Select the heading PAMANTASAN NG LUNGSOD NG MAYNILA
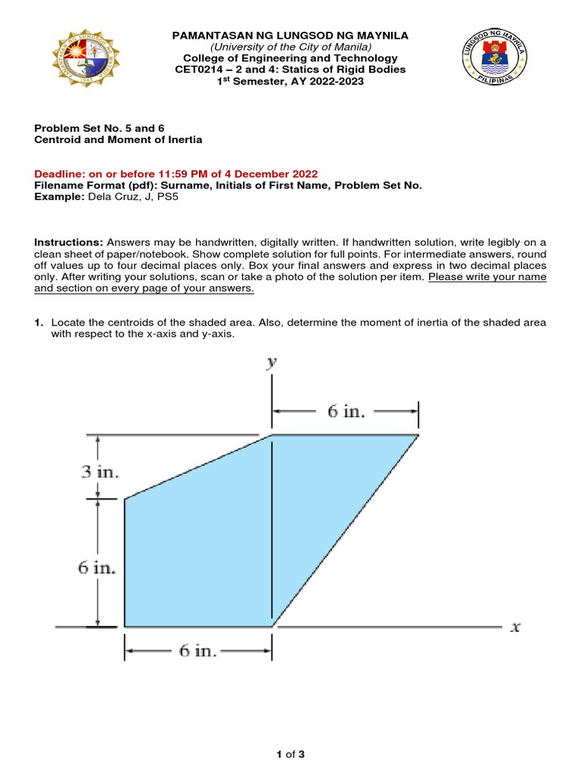290,36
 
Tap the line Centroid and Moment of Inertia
118,140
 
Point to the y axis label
271,363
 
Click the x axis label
514,627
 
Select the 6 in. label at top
346,412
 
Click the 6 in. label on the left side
97,568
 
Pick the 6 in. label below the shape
197,651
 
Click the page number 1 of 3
290,754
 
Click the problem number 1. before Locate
39,323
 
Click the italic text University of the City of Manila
290,47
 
